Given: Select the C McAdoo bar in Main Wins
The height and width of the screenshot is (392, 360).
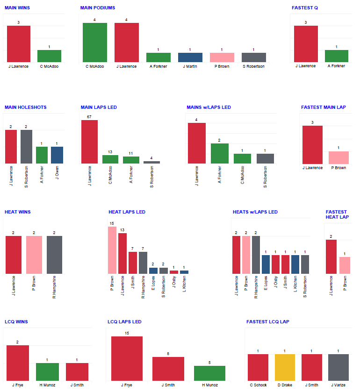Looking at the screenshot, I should point(49,56).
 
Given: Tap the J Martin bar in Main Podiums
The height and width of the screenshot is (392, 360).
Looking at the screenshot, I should point(190,57).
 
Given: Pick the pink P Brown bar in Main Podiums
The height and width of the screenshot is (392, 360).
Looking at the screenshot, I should point(222,57).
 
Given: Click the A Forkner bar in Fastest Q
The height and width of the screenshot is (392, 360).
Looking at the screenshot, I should point(337,56).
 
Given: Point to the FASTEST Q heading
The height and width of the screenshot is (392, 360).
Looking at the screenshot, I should point(305,8).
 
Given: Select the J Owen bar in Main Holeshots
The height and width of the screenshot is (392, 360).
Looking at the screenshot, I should point(57,155).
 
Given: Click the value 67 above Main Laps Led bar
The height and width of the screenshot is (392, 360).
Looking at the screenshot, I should point(89,116).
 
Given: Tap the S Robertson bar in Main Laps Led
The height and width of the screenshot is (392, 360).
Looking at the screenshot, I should point(151,162).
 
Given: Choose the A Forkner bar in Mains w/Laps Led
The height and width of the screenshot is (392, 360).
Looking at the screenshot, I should point(220,153).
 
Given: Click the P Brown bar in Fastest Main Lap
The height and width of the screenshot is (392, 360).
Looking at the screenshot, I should point(339,157).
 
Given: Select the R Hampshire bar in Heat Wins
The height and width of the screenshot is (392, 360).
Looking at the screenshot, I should point(54,255).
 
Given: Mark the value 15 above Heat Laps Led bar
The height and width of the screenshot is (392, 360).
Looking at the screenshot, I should point(112,223).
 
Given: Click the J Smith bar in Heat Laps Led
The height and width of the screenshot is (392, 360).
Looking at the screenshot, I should point(133,263).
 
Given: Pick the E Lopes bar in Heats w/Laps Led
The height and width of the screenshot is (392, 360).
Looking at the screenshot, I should point(266,264).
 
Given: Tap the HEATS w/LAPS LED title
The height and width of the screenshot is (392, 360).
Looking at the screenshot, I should point(255,212).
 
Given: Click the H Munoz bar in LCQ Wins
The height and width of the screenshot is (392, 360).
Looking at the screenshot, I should point(47,372).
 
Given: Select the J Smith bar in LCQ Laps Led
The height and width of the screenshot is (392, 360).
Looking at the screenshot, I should point(168,369).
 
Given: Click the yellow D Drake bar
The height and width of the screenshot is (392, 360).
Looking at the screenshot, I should point(285,367).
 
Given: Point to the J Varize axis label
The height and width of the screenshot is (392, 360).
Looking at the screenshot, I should point(338,385).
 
